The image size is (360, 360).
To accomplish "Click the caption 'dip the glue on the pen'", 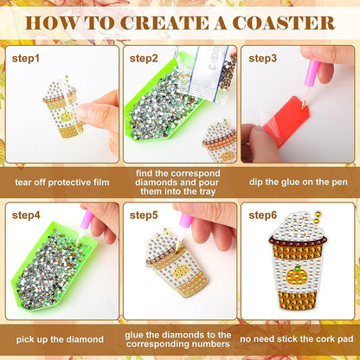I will (x=299, y=183).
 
